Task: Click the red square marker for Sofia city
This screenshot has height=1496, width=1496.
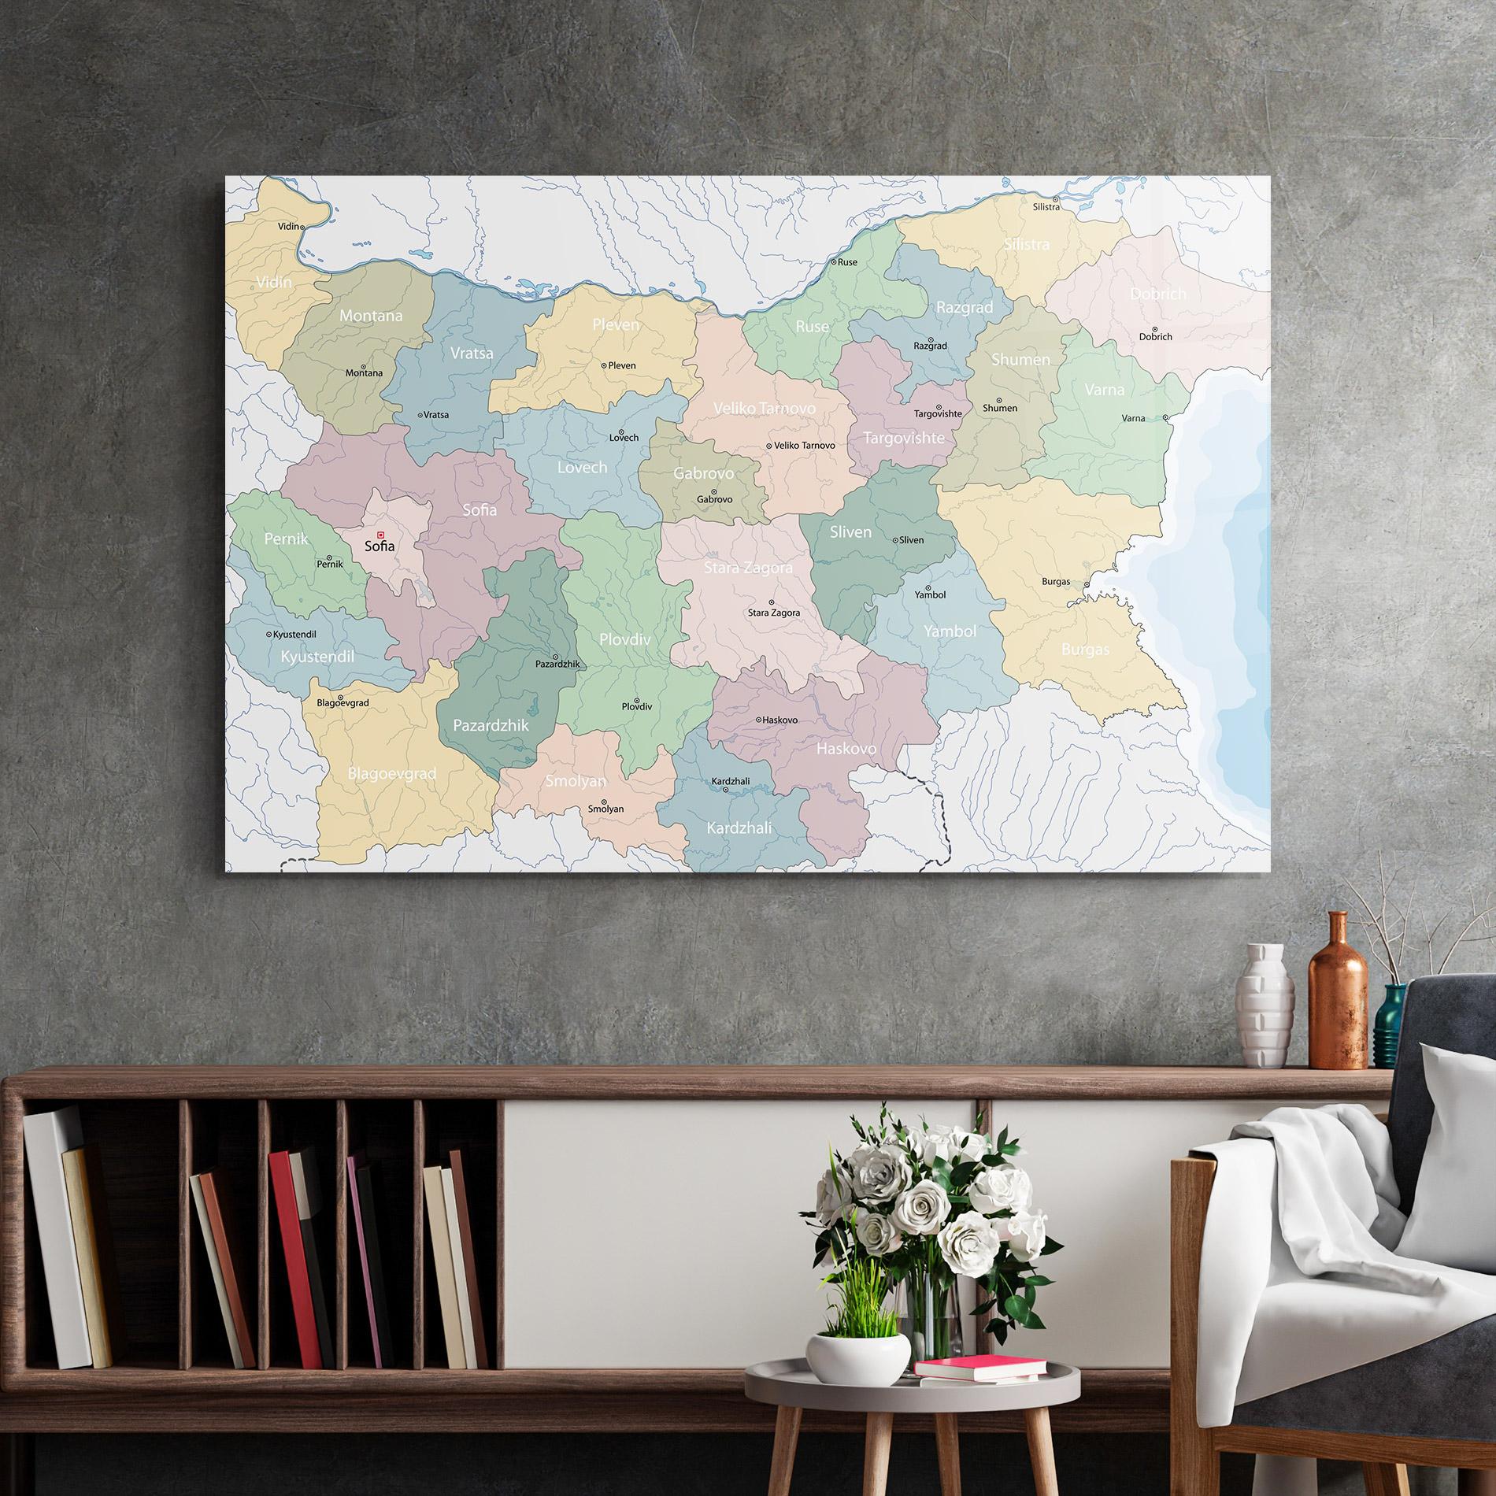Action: click(381, 535)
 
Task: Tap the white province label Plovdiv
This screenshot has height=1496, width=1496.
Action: click(625, 639)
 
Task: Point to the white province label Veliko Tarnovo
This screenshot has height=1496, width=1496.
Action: click(765, 409)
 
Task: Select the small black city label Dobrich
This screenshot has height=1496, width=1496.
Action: click(1155, 337)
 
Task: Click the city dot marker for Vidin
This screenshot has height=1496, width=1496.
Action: click(302, 227)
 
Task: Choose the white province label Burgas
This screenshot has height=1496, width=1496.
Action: click(1085, 650)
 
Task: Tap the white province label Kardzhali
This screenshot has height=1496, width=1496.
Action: click(739, 828)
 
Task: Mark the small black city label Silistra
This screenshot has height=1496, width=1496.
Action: click(1046, 207)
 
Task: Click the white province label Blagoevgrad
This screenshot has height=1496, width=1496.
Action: click(392, 774)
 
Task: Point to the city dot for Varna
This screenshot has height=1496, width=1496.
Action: click(1165, 417)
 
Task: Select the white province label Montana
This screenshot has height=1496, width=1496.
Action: click(371, 316)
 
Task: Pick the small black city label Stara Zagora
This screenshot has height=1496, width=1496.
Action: click(773, 613)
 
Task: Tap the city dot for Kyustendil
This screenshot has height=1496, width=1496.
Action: click(269, 634)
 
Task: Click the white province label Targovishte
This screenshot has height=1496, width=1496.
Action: click(903, 438)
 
